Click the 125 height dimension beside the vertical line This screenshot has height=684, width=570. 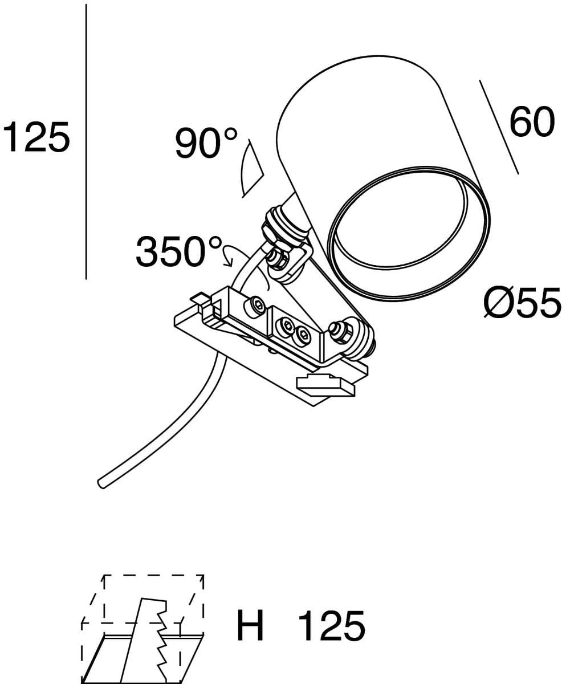[x=36, y=137]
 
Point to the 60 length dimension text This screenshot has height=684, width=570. [x=531, y=122]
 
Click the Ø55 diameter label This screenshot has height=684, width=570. [x=522, y=303]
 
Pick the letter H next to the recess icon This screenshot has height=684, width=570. [x=251, y=626]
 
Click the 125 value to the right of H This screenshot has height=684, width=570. [x=331, y=626]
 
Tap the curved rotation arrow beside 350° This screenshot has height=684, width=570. [x=230, y=255]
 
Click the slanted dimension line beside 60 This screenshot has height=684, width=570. [x=499, y=127]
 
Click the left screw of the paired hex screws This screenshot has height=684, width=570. [x=285, y=326]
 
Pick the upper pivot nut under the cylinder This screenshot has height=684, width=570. [x=278, y=259]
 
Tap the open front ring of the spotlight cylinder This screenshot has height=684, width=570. [x=408, y=234]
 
